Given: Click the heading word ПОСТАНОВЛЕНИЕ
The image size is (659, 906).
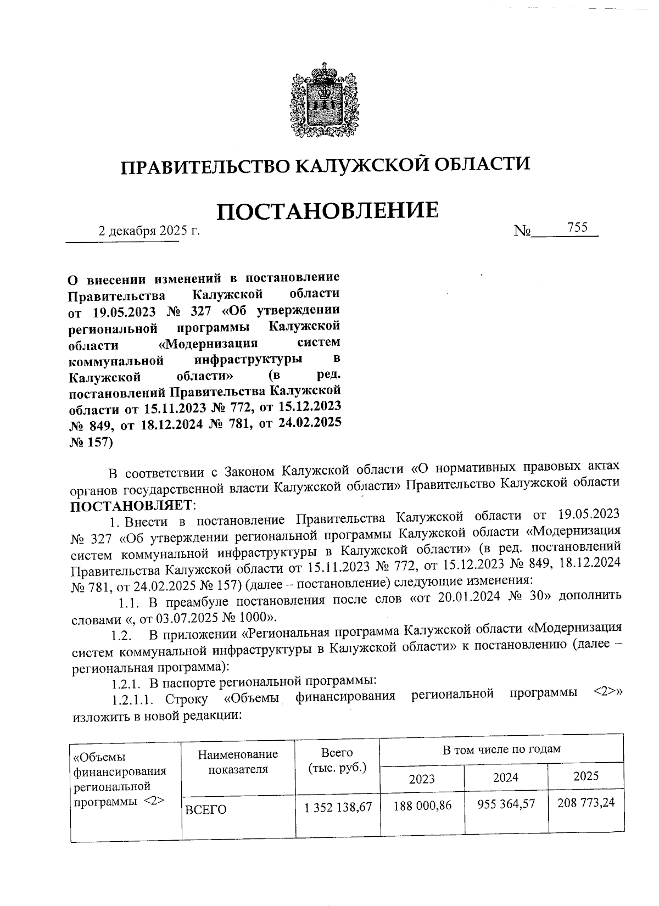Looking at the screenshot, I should pos(328,211).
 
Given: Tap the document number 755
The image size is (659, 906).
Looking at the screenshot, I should pos(578,228).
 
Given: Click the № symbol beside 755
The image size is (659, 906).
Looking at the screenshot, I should pos(522,232).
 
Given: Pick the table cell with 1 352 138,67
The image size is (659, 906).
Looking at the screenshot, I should pos(337,807).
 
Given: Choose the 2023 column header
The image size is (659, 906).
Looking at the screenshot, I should pos(421,779).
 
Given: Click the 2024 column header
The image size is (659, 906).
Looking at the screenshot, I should pos(505,778).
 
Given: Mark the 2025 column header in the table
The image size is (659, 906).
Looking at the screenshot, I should pos(585,776).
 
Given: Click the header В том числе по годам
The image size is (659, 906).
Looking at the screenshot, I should pos(501,749).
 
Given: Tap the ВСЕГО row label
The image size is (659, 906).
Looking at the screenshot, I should pos(206,809).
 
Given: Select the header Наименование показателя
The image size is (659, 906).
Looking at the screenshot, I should pos(238,762).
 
